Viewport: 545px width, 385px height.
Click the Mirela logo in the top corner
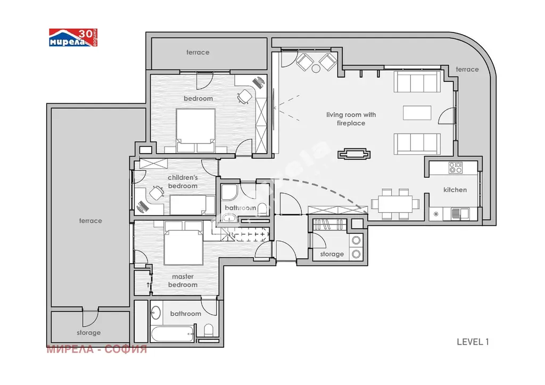coord(73,38)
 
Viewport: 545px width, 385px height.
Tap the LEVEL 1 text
coord(473,342)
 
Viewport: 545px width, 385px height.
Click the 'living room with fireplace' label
coord(351,119)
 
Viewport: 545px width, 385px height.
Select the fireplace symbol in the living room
coord(354,154)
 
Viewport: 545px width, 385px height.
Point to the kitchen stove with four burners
coord(456,168)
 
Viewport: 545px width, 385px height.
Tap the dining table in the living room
coord(395,204)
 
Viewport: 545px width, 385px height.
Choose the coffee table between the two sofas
coord(417,113)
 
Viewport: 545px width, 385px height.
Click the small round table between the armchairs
coord(316,69)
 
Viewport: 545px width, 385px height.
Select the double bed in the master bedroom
coord(183,243)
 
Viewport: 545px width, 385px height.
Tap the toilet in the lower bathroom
coord(209,330)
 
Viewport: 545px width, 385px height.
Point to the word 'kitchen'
coord(455,190)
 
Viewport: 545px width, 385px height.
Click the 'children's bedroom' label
coord(183,181)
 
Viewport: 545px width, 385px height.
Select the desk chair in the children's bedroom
coord(156,193)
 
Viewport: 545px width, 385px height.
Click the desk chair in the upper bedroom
coord(245,96)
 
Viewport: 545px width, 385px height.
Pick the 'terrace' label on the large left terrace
coord(90,221)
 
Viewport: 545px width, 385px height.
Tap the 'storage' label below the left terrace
coord(89,332)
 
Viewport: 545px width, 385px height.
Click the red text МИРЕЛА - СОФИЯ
coord(97,349)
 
